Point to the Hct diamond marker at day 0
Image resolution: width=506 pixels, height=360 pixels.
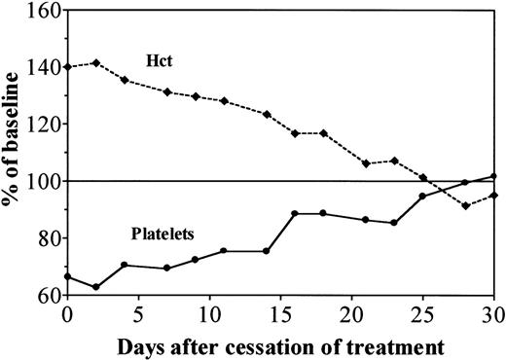click(x=67, y=67)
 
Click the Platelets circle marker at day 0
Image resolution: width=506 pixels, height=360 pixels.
click(x=67, y=276)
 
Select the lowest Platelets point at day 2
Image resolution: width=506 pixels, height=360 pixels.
click(x=95, y=287)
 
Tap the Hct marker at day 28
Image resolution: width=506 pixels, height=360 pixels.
click(x=466, y=205)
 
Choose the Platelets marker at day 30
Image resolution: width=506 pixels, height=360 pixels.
click(x=494, y=177)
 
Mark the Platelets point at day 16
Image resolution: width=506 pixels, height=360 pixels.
click(x=295, y=213)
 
